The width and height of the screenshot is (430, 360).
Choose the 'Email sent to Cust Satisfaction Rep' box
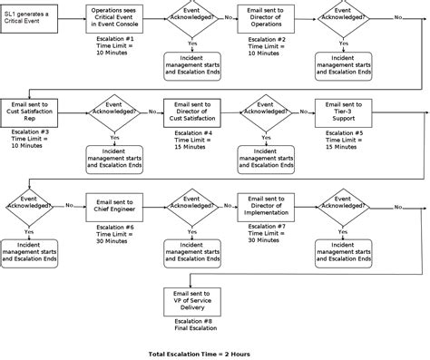[x=31, y=112]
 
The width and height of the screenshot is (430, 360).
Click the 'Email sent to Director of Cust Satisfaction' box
[x=191, y=112]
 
